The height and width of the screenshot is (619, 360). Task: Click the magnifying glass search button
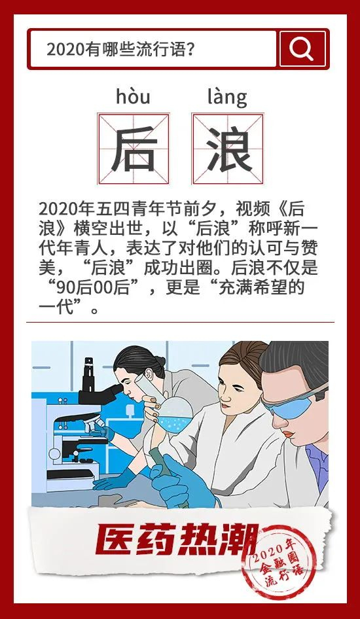pos(303,49)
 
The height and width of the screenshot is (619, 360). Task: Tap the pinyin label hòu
pos(133,97)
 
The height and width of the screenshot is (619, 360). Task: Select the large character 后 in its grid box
pos(134,149)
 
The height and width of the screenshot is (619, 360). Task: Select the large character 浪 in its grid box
pos(228,149)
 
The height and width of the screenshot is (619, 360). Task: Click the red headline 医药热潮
pos(177,540)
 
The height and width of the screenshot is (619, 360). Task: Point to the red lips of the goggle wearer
pos(289,434)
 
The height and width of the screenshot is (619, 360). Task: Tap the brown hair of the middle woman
pos(243,357)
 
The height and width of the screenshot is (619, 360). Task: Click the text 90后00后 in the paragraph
pos(93,289)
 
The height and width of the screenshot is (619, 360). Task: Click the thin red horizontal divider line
pos(180,322)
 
